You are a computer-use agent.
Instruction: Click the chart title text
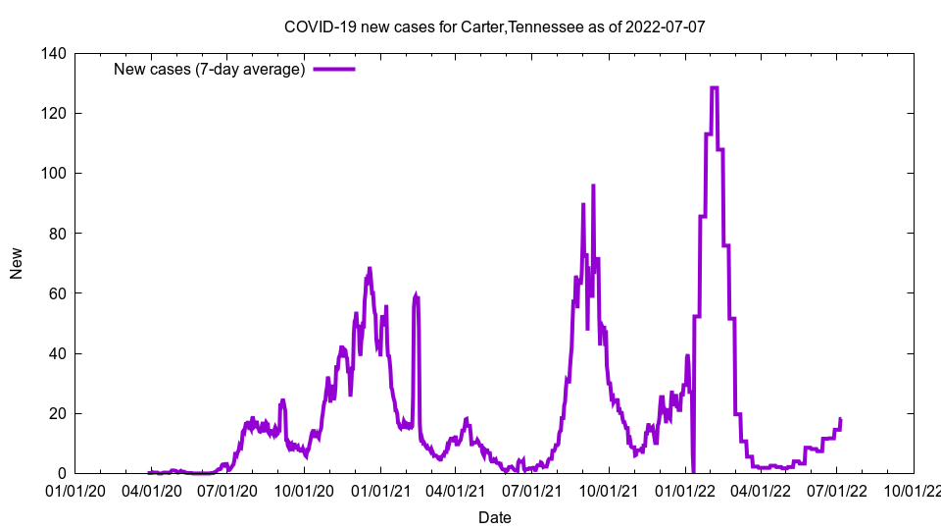(494, 26)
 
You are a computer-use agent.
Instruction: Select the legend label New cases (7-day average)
(209, 69)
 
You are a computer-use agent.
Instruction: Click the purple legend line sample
(333, 69)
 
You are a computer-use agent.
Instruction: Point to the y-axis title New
(17, 264)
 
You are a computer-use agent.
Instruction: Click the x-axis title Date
(494, 517)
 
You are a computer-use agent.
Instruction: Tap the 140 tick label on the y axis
(54, 54)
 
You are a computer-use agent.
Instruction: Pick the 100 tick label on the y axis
(54, 174)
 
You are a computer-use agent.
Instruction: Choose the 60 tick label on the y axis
(58, 293)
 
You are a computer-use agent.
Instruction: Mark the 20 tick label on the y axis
(58, 413)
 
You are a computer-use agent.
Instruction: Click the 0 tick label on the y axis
(62, 473)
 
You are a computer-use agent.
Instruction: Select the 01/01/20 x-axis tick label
(74, 490)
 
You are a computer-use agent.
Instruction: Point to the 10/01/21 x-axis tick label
(609, 490)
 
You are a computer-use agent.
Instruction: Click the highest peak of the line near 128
(714, 87)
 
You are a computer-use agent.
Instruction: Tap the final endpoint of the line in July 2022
(840, 419)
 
